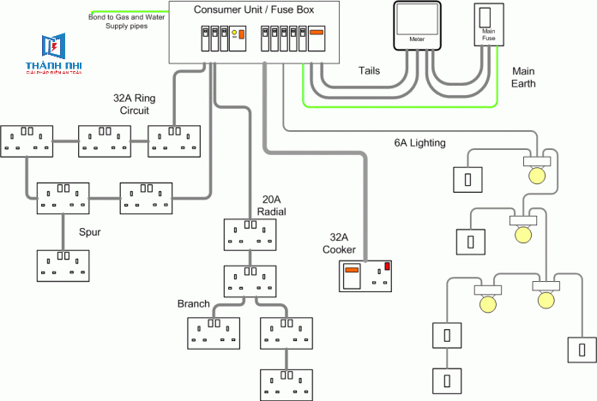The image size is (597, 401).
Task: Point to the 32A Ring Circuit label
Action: (x=134, y=104)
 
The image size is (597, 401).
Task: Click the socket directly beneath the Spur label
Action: (x=63, y=265)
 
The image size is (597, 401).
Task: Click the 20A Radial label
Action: (x=272, y=206)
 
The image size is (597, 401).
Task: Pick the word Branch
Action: (x=194, y=304)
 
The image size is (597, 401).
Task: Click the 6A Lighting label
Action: (x=419, y=143)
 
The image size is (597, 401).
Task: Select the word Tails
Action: (x=370, y=71)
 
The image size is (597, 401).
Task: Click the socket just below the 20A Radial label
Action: (x=250, y=234)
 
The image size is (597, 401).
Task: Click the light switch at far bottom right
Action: (x=581, y=350)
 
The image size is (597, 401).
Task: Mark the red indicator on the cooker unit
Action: (x=387, y=267)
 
